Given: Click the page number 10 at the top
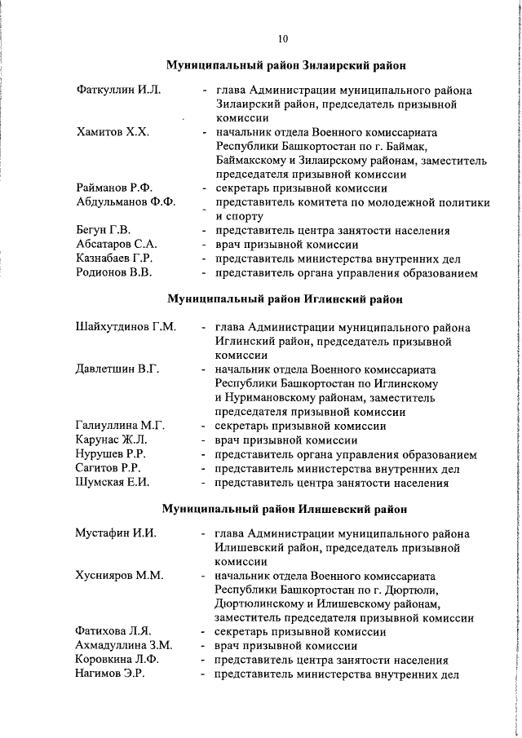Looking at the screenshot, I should (282, 38).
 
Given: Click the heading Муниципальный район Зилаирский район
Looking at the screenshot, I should (286, 64).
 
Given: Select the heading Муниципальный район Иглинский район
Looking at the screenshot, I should (285, 299).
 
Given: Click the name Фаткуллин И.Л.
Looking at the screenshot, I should (117, 90).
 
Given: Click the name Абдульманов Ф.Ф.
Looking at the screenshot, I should (126, 202).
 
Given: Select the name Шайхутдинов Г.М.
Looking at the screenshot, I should (126, 328).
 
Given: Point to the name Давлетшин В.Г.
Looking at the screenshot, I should (117, 369).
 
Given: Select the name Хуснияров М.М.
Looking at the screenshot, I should (119, 576).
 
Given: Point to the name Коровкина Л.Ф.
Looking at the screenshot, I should (117, 660).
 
